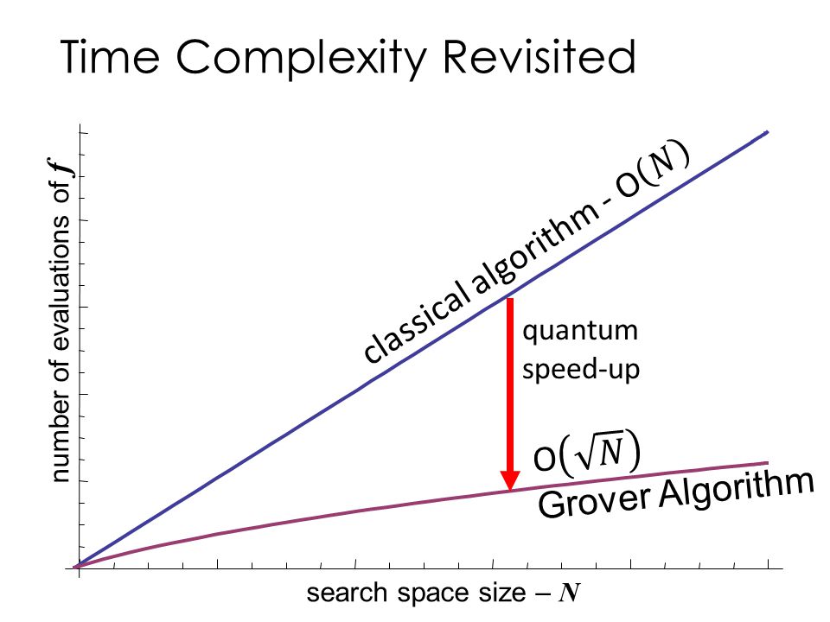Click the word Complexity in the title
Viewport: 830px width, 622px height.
point(301,60)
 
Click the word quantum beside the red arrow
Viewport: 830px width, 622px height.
point(580,332)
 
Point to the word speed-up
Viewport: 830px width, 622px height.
point(581,369)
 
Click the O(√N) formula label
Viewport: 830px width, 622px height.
point(586,453)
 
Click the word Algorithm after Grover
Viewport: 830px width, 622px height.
point(736,489)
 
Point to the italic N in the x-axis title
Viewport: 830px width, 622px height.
point(569,593)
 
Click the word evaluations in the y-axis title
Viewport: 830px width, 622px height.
point(60,283)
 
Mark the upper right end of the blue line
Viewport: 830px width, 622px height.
point(768,131)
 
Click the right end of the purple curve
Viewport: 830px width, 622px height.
point(768,463)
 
